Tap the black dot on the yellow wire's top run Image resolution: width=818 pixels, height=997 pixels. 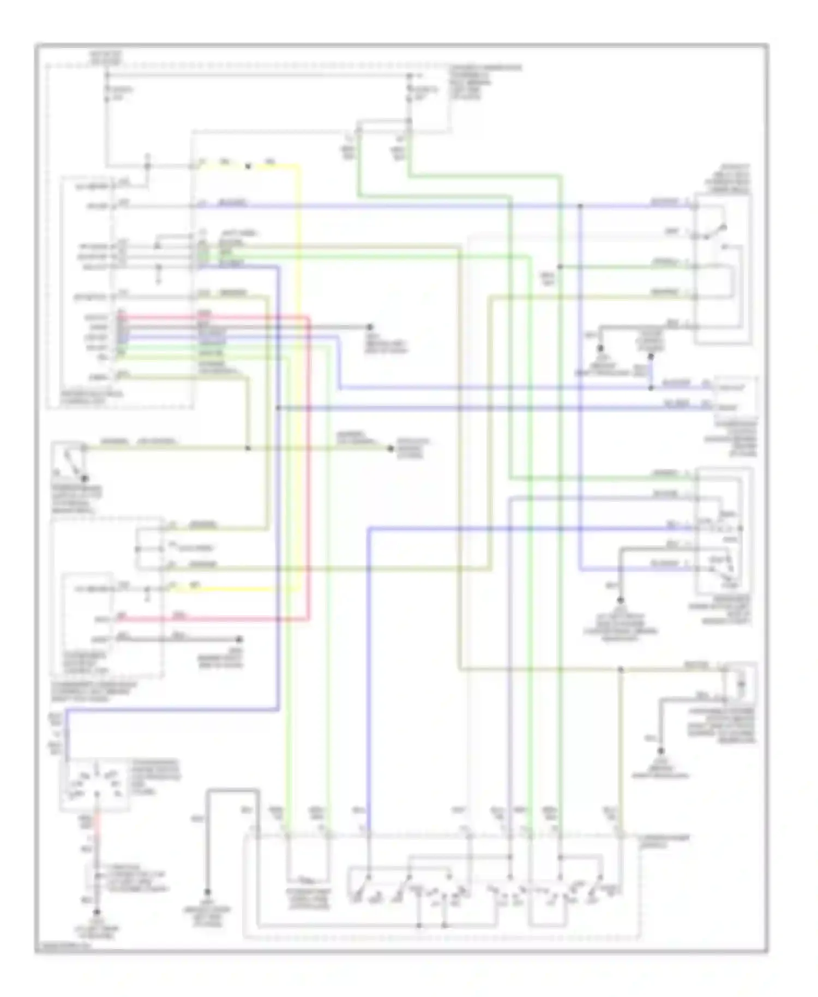click(248, 166)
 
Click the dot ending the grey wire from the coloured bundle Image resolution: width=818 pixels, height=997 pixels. click(370, 327)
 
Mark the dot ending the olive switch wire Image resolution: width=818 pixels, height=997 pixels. click(390, 448)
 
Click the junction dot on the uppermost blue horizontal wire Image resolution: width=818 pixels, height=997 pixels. click(580, 206)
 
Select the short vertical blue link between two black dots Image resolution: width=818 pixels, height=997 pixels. click(651, 373)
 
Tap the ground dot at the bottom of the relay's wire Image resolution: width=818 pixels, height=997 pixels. click(97, 911)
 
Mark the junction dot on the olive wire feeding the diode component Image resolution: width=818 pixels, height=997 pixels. click(621, 669)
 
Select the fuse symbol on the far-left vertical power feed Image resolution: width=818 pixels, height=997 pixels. click(107, 94)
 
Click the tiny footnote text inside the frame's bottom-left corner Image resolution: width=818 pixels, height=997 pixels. click(62, 947)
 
